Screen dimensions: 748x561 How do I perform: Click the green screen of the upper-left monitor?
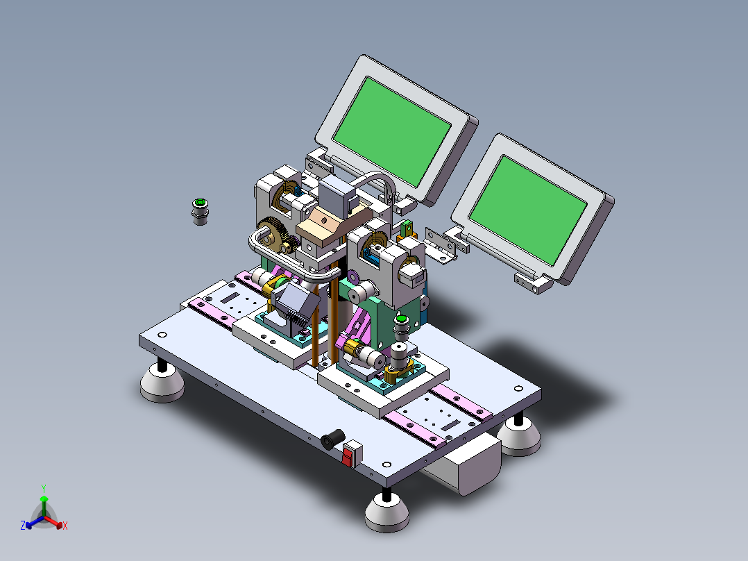click(391, 131)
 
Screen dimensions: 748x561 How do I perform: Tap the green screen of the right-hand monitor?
click(528, 210)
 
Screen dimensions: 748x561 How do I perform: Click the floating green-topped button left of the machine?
click(201, 212)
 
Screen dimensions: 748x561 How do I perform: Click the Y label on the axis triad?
click(44, 489)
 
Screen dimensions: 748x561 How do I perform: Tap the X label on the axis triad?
click(65, 526)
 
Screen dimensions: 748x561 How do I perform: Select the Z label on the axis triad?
click(23, 526)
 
